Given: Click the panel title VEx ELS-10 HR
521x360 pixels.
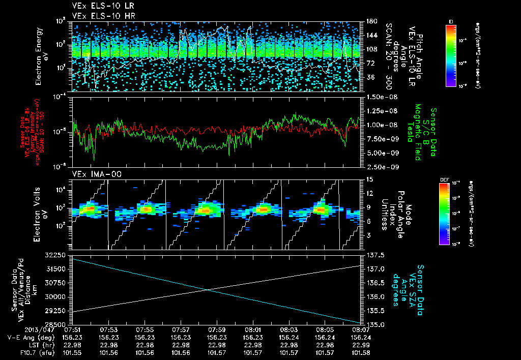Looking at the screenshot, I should [98, 16].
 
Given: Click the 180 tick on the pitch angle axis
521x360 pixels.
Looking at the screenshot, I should [370, 21].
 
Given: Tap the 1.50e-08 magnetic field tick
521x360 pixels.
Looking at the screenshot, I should [378, 97].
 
